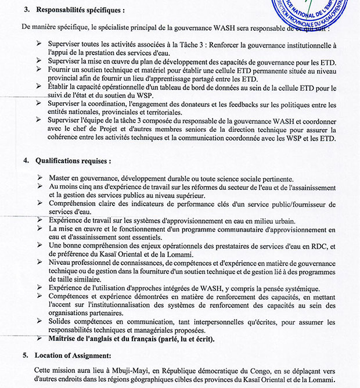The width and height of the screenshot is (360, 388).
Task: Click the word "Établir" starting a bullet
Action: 61,88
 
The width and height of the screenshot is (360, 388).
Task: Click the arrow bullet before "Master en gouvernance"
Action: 38,177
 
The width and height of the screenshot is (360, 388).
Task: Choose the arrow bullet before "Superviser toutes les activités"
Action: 38,44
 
